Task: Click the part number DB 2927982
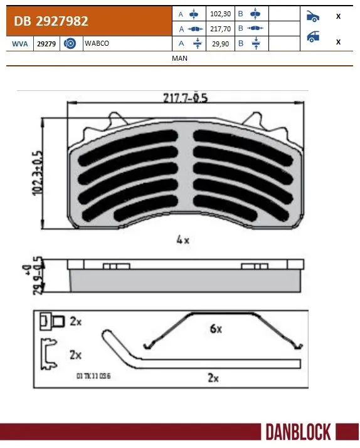coord(48,21)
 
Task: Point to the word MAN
coord(179,58)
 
